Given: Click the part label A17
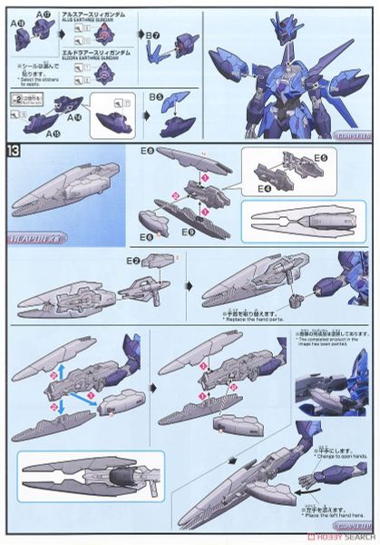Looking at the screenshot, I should [x=42, y=12].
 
